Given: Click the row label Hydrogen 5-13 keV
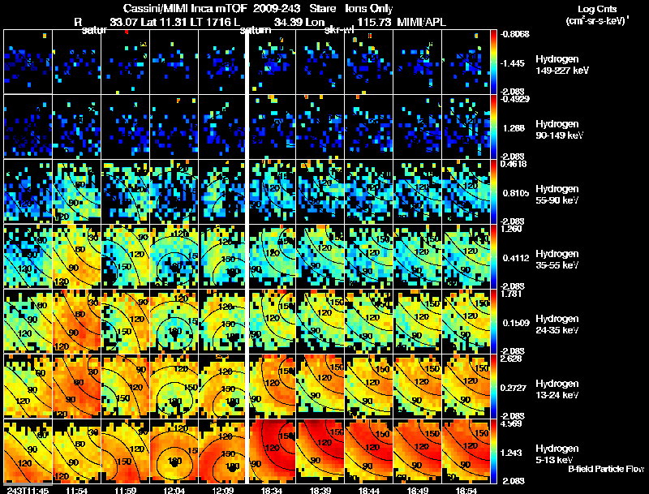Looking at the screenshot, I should pos(557,453).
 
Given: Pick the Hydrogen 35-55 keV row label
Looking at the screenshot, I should pos(557,259).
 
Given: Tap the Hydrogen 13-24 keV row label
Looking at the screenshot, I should pos(557,389).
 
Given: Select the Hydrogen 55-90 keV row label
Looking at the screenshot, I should pos(557,194).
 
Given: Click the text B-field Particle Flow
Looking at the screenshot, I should pos(595,469).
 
